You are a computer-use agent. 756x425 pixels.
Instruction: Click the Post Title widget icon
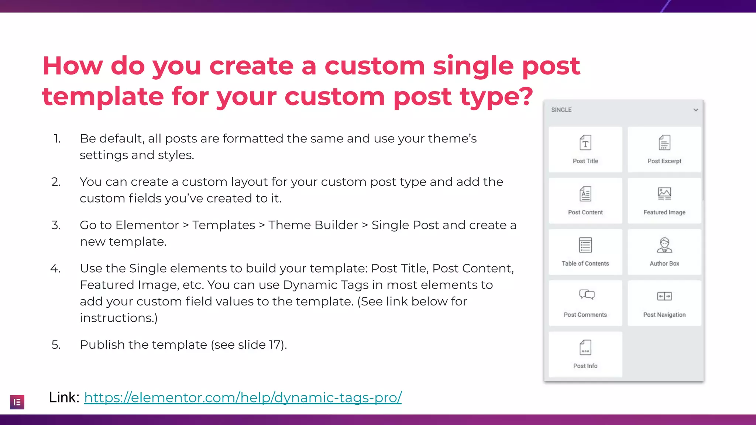[x=585, y=143]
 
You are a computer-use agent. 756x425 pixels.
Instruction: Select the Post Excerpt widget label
[x=664, y=161]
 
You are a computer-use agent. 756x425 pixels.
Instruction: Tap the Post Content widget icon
[x=585, y=194]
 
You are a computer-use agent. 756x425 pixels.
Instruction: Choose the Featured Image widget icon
[x=664, y=194]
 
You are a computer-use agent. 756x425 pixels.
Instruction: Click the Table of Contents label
[x=585, y=263]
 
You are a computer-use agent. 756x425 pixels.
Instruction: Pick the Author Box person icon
[x=664, y=245]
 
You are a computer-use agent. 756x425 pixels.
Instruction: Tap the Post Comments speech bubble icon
[x=587, y=295]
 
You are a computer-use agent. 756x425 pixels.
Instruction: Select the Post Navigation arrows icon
[x=664, y=296]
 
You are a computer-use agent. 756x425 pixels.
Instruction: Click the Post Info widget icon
[x=585, y=348]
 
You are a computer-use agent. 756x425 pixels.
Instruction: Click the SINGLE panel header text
[x=561, y=110]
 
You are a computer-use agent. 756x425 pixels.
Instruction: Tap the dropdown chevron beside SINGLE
[x=695, y=110]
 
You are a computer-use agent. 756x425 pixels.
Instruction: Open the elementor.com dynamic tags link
[x=243, y=398]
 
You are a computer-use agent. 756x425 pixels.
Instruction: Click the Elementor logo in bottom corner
[x=17, y=402]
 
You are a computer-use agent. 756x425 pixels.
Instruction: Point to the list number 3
[x=56, y=225]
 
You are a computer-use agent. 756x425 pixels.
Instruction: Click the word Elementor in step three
[x=147, y=225]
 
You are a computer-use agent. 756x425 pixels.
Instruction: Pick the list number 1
[x=57, y=139]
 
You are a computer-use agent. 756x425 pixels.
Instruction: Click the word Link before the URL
[x=63, y=398]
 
